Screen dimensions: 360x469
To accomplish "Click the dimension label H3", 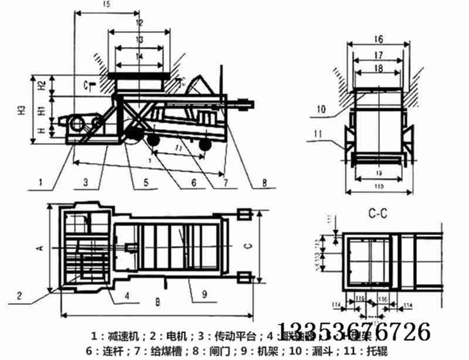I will [x=21, y=110].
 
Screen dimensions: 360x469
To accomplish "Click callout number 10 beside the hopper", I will [x=320, y=108].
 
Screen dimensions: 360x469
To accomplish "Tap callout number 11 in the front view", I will [x=317, y=134].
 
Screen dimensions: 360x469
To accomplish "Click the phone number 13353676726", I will [x=353, y=332].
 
